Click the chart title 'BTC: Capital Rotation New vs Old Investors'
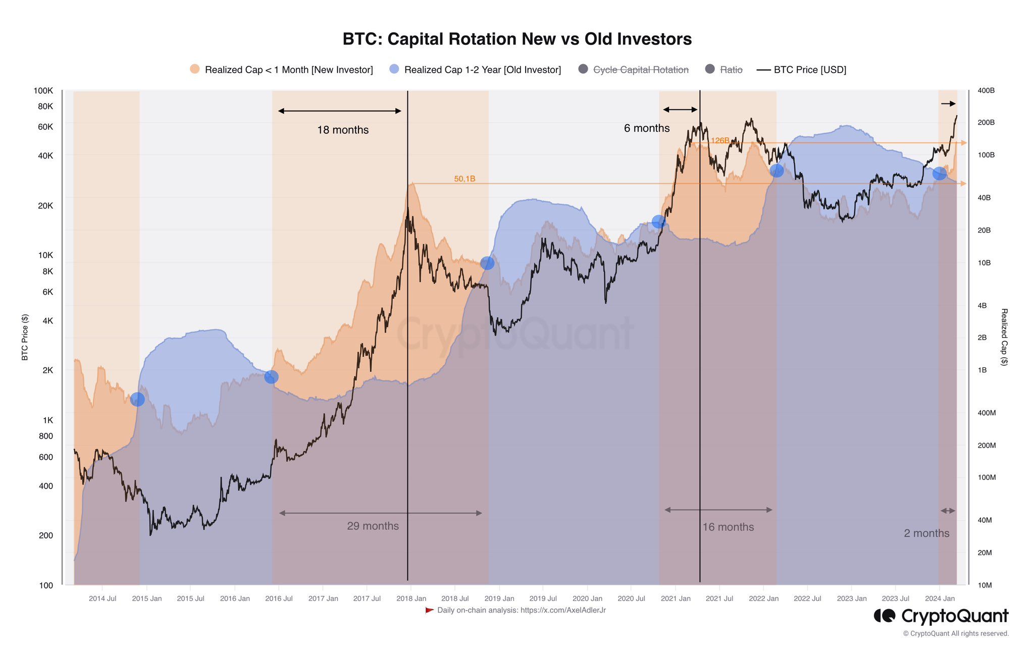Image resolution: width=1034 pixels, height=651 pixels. click(517, 39)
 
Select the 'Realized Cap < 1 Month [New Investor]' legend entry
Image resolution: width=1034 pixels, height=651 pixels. click(288, 70)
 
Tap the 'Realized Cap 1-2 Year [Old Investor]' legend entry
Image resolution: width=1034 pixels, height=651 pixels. click(482, 70)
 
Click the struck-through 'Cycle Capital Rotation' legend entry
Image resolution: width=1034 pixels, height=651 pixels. click(640, 70)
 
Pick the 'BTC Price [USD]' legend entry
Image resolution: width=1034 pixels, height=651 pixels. click(809, 70)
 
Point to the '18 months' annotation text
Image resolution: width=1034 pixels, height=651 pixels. click(343, 130)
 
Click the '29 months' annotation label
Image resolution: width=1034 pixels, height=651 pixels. click(373, 526)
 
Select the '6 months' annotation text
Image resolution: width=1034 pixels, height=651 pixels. click(647, 128)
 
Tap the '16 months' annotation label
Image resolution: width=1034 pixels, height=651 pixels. click(728, 527)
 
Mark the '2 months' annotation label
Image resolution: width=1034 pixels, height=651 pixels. click(926, 533)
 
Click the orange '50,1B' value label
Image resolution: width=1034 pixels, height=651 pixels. click(464, 179)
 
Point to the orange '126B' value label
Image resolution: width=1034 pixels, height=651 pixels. click(719, 140)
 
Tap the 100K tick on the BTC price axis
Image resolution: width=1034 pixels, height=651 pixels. click(43, 91)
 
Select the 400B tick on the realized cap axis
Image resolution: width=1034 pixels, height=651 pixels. click(986, 91)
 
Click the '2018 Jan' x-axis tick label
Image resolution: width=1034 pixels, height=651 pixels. click(411, 599)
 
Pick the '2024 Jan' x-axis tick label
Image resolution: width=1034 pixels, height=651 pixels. click(940, 599)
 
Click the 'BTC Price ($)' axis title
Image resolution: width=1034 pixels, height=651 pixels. click(25, 337)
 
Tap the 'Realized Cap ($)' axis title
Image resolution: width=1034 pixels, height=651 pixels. click(1004, 337)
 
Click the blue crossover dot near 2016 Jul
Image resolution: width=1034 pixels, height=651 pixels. click(271, 376)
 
